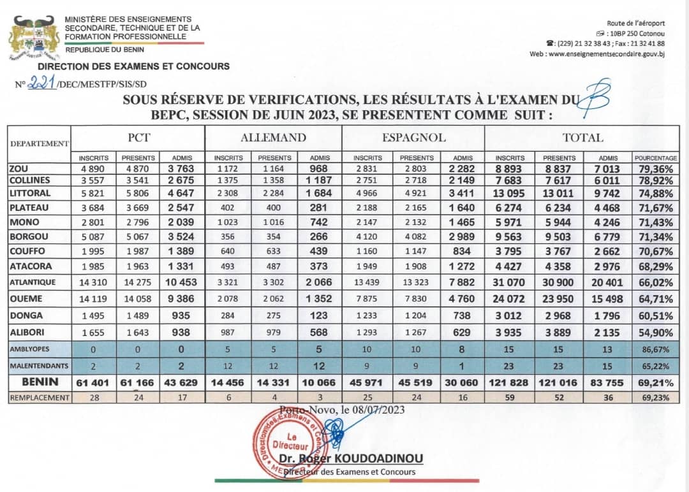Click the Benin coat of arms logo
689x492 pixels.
tap(34, 38)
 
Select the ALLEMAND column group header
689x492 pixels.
tap(273, 137)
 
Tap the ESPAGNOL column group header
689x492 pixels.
tap(413, 137)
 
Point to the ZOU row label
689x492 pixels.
tap(19, 169)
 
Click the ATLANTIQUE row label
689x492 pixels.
tap(33, 282)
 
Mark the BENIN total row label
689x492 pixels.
tap(40, 382)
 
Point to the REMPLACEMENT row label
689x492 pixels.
tap(39, 397)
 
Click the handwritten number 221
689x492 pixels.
tap(41, 82)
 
